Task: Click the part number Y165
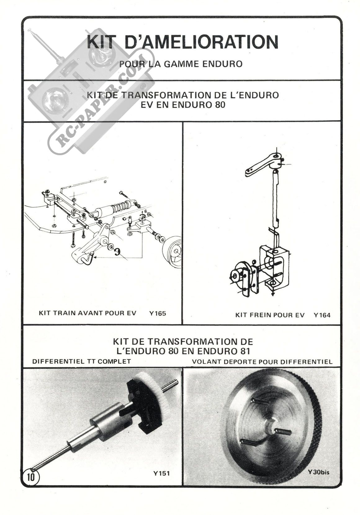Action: pos(157,313)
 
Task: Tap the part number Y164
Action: pos(322,315)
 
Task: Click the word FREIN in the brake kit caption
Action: pos(259,315)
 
